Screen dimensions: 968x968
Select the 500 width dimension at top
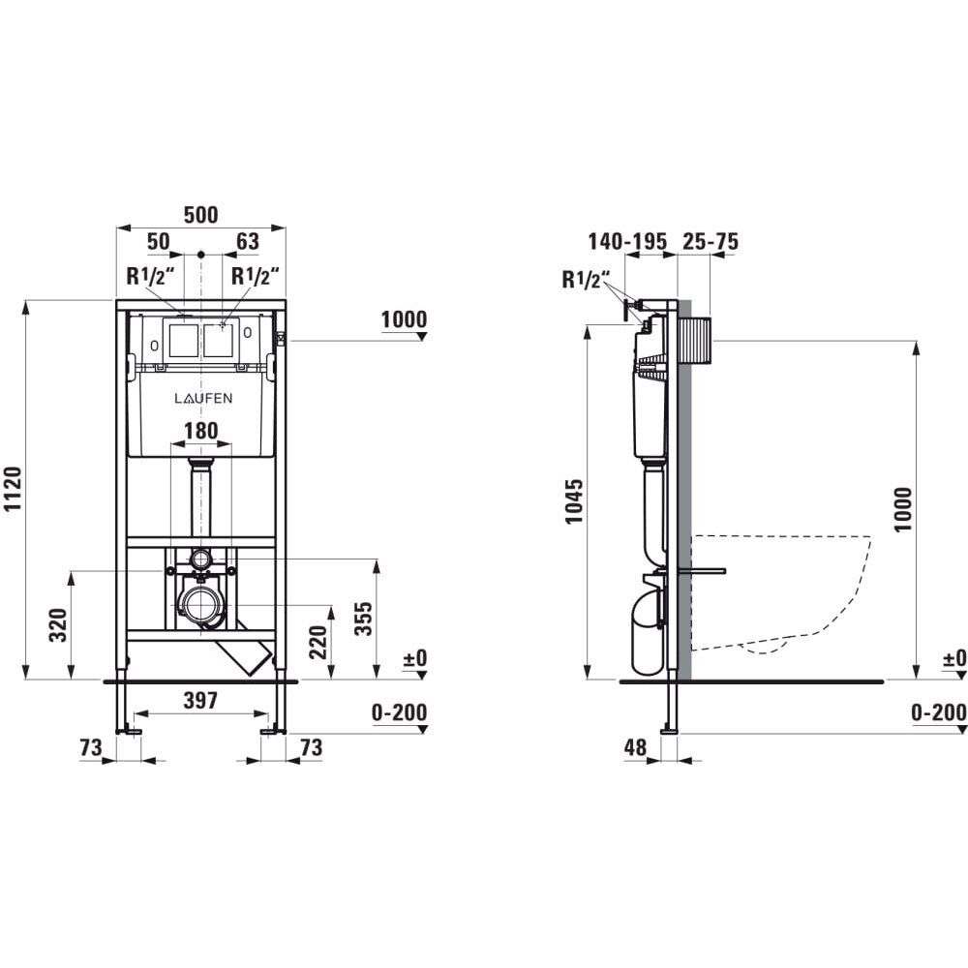(201, 215)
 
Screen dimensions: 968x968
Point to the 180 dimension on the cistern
(201, 431)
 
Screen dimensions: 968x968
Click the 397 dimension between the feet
(201, 700)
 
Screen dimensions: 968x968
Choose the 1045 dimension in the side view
(574, 501)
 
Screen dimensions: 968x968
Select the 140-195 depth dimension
(627, 241)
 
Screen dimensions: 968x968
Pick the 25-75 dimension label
(710, 241)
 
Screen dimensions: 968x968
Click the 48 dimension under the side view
(635, 748)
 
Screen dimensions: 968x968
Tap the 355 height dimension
(364, 619)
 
